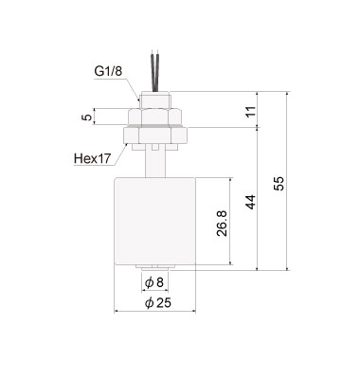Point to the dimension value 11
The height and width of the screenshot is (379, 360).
coord(249,111)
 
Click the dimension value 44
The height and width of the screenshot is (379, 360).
coord(249,201)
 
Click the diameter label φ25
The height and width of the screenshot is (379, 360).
coord(154,303)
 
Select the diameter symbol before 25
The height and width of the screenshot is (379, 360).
coord(147,303)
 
